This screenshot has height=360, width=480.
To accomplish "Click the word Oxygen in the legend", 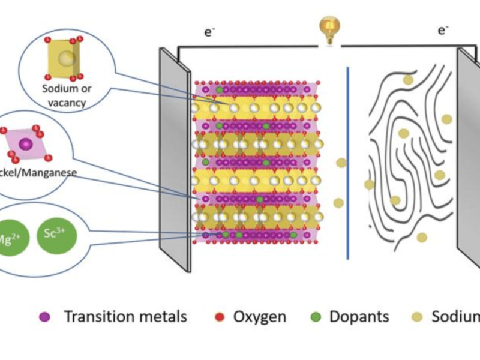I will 260,317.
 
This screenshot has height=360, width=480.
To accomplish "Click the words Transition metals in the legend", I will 125,317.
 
